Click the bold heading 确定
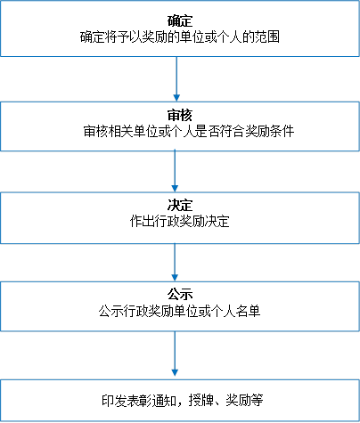[x=180, y=21]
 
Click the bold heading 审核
[x=180, y=115]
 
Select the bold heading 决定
[x=180, y=205]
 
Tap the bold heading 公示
[x=180, y=295]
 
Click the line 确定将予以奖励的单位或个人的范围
[x=180, y=37]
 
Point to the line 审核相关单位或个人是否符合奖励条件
[x=189, y=131]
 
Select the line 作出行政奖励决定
[x=180, y=221]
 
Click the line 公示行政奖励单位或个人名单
[x=180, y=311]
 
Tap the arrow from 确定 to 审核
[x=176, y=79]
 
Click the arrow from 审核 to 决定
[x=175, y=171]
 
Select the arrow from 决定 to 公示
[x=175, y=263]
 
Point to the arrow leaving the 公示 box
[x=175, y=354]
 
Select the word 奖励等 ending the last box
[x=244, y=400]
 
